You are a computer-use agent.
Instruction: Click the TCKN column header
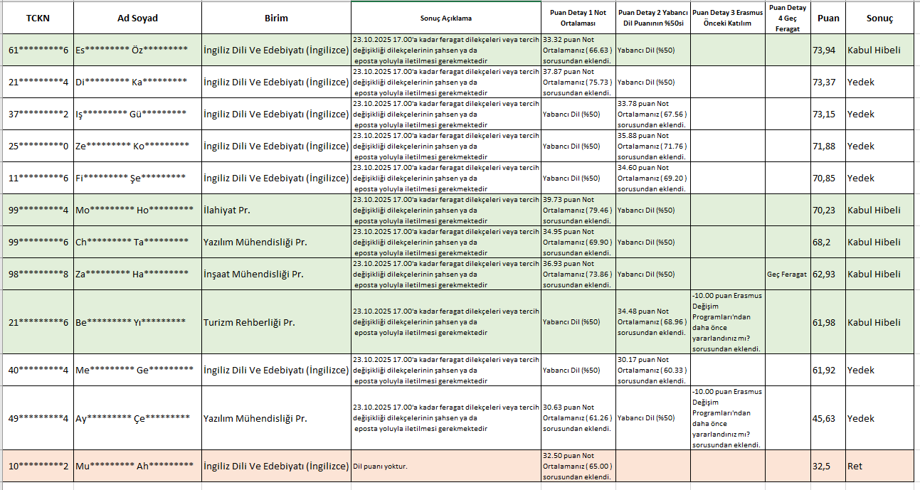(37, 18)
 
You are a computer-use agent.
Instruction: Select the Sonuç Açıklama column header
(445, 18)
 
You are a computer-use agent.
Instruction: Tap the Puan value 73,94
(824, 50)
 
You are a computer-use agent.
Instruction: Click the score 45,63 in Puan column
(824, 418)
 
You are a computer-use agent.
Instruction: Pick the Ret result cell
(855, 467)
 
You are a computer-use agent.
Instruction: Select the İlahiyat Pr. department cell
(227, 211)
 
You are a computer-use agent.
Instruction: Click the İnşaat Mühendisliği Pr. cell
(253, 275)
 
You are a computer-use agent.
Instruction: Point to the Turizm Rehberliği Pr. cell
(249, 322)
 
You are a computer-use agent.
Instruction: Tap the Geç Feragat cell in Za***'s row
(787, 275)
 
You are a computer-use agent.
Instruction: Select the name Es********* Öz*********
(132, 50)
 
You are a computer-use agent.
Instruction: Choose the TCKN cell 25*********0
(38, 146)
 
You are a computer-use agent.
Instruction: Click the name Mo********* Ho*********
(134, 211)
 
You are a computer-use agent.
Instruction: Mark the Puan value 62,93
(824, 275)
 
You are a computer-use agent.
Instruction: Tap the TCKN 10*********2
(38, 467)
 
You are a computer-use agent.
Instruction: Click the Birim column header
(276, 18)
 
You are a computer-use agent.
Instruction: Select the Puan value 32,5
(822, 467)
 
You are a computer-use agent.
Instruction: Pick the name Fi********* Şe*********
(131, 179)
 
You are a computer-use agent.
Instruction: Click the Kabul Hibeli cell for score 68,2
(874, 243)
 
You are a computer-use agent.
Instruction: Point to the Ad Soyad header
(137, 18)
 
